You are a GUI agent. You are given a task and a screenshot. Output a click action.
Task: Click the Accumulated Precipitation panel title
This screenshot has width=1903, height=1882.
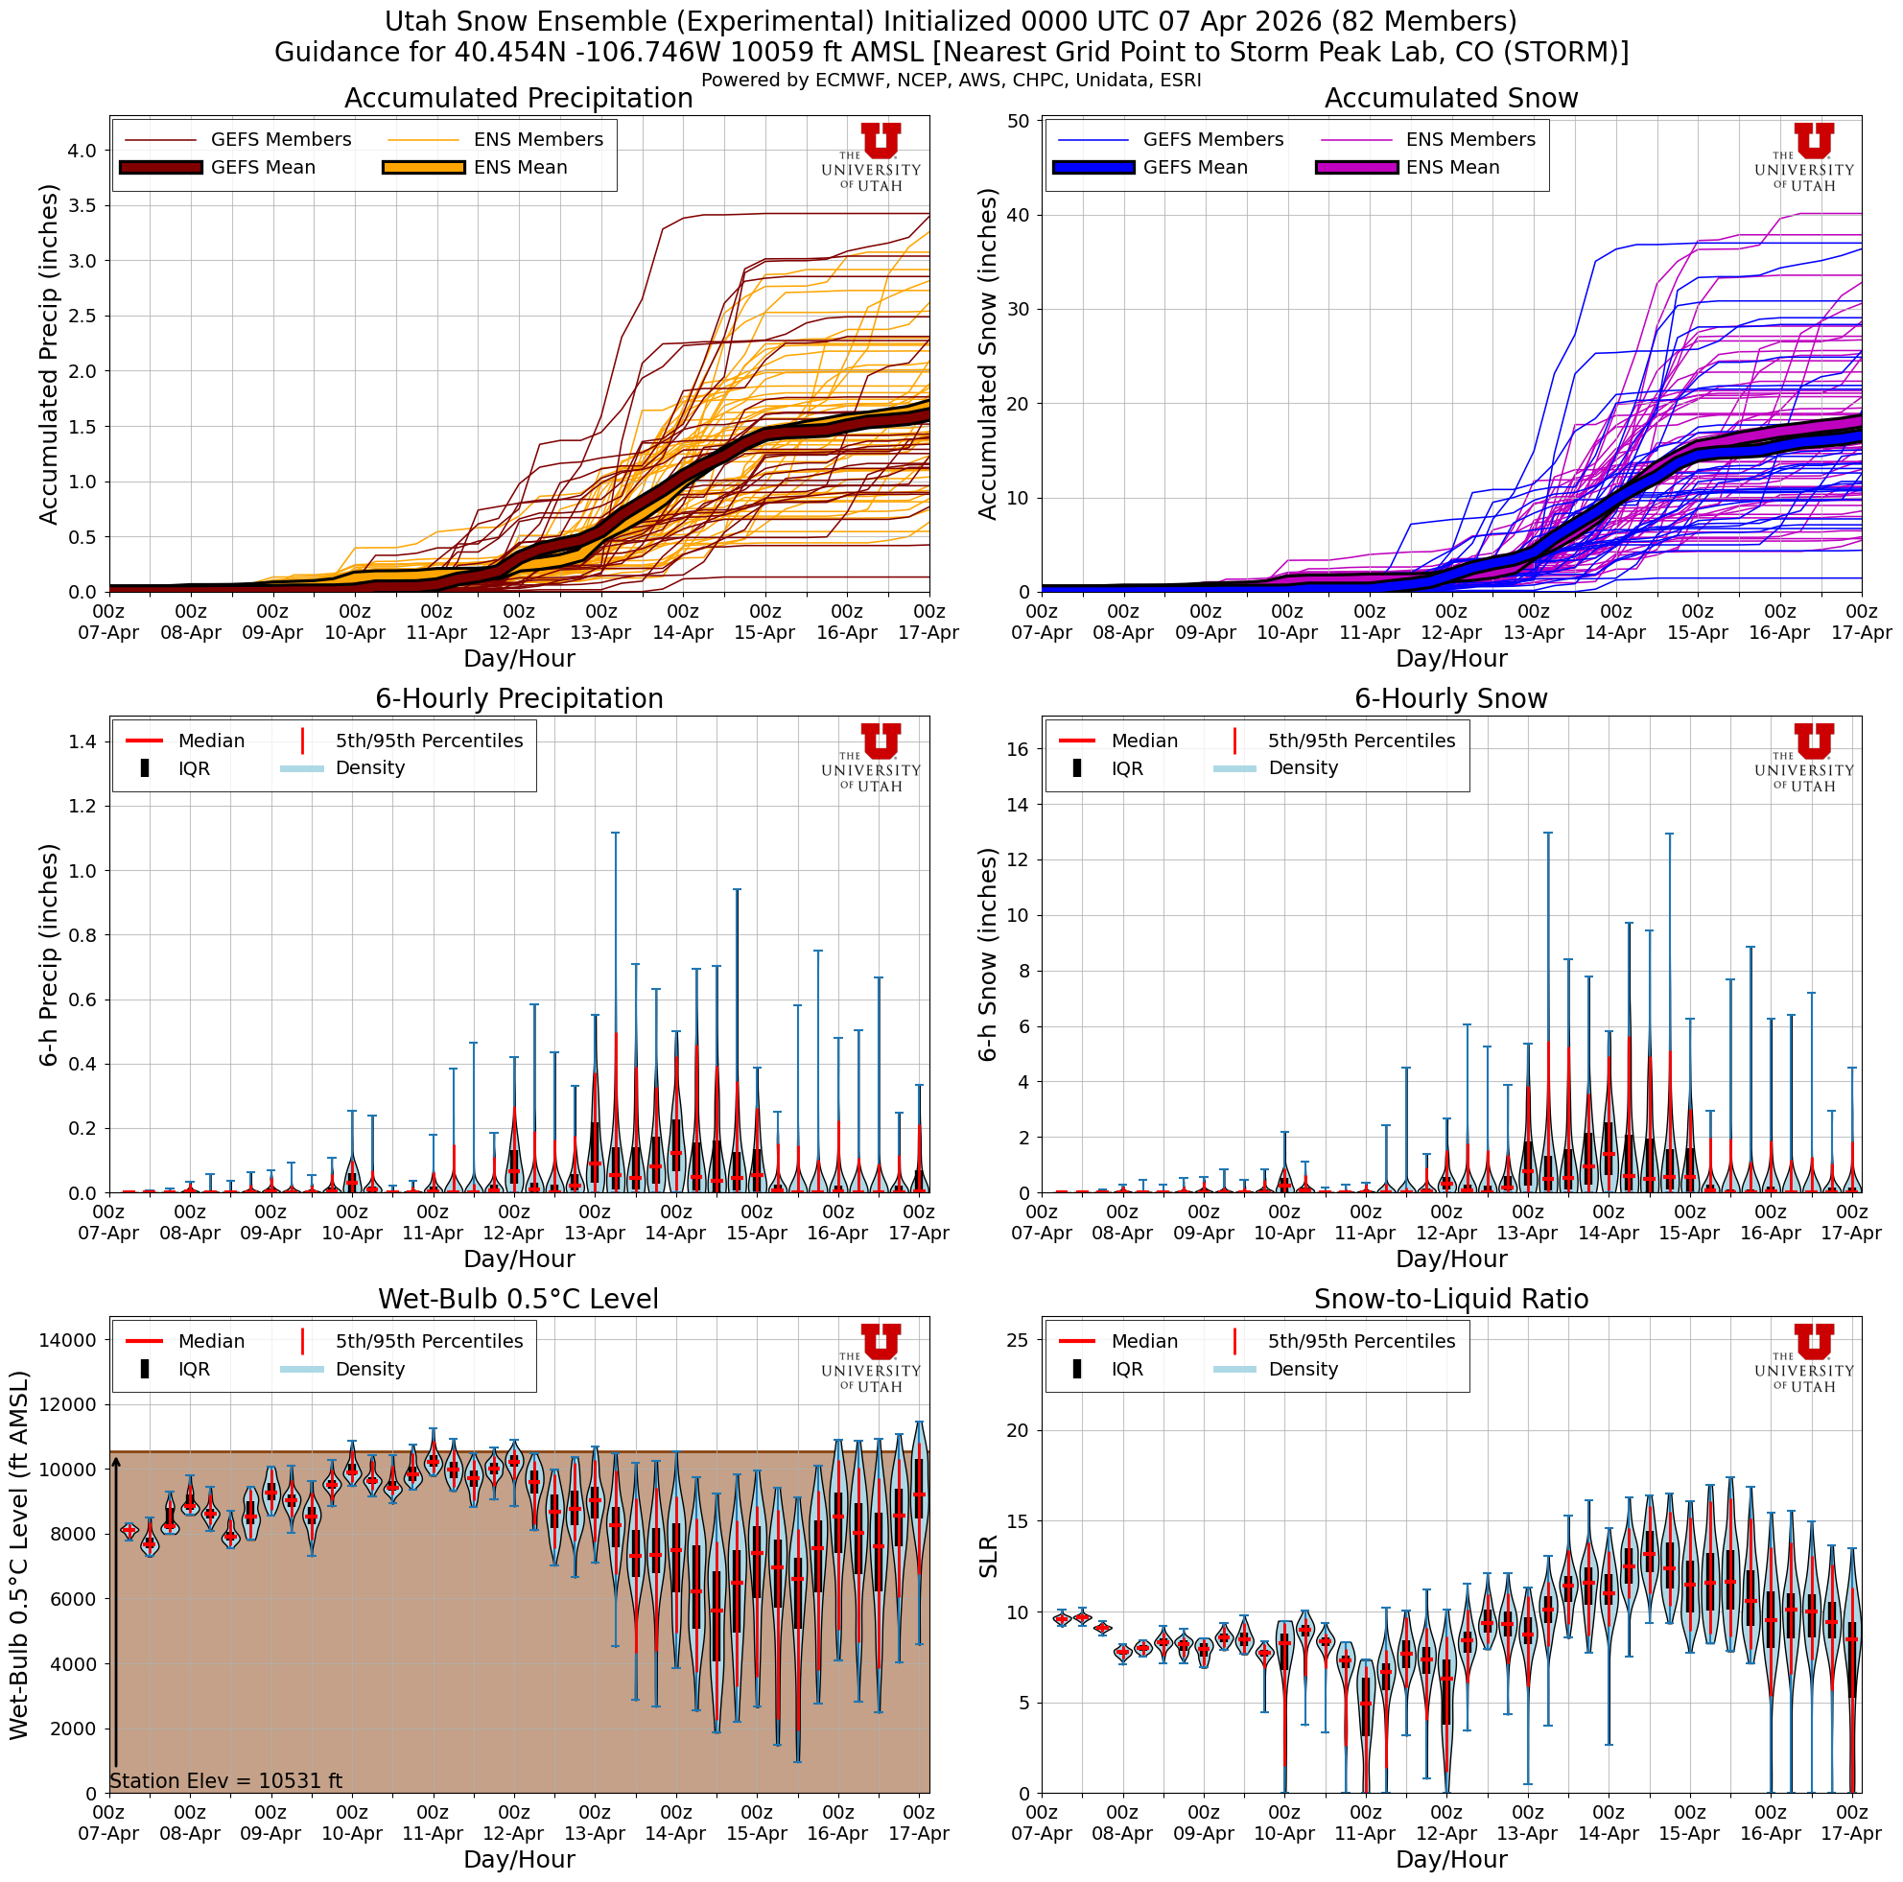pos(518,99)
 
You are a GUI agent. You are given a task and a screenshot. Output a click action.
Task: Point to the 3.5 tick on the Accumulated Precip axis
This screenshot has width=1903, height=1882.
pos(82,206)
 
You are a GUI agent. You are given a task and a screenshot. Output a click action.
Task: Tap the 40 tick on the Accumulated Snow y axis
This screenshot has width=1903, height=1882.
pos(1017,216)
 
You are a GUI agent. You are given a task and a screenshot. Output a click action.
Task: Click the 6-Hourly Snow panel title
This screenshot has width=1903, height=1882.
pos(1450,698)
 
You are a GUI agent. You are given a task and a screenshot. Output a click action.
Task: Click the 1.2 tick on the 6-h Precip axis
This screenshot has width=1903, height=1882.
pos(82,806)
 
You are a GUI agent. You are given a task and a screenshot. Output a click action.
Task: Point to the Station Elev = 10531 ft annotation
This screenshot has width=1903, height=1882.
pos(225,1780)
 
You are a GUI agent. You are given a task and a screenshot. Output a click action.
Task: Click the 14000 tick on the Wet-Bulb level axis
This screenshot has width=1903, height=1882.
pos(67,1339)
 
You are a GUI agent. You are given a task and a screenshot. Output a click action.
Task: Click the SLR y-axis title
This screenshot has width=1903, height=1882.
pos(988,1556)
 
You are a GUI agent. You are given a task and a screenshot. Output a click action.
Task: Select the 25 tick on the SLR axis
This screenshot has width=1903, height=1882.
pos(1017,1339)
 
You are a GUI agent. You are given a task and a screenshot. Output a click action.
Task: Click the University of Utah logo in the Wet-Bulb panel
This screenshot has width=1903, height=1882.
pos(871,1357)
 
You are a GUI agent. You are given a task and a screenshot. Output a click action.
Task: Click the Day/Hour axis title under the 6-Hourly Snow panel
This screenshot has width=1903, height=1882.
pos(1450,1259)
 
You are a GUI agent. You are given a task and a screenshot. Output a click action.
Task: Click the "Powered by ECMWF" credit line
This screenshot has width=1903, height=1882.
pos(951,80)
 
